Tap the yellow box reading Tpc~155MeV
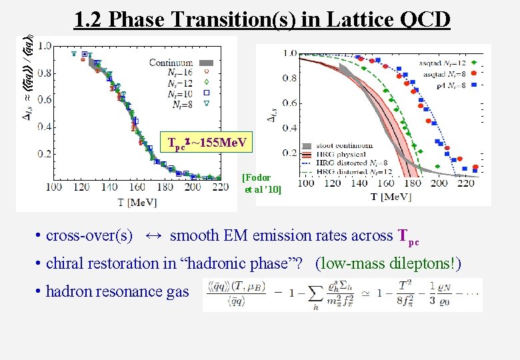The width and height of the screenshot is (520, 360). click(x=208, y=142)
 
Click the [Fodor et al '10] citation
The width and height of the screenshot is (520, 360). click(x=263, y=183)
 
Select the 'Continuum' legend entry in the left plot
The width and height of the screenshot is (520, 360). click(x=171, y=63)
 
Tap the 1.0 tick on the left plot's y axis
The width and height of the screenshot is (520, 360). click(x=45, y=46)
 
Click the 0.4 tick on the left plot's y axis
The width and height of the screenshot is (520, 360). click(x=45, y=127)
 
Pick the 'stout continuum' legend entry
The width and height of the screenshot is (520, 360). click(x=344, y=145)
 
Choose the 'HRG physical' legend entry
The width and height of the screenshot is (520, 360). click(x=340, y=154)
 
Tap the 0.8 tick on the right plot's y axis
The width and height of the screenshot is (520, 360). click(x=289, y=78)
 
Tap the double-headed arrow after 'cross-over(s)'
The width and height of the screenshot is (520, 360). click(x=153, y=235)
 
